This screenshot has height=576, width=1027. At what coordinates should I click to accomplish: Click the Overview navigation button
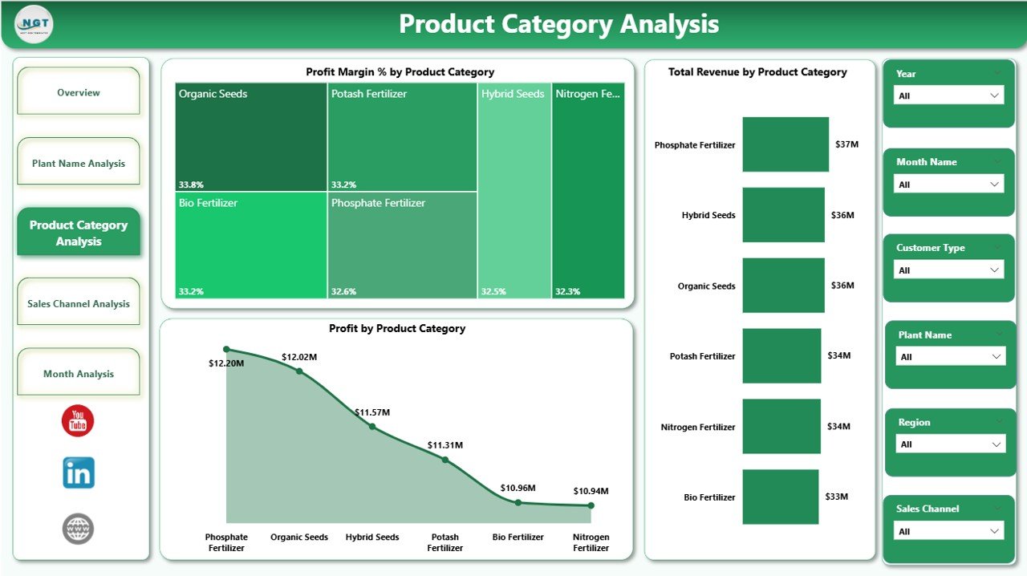coord(79,92)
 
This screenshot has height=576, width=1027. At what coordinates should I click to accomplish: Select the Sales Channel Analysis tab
coord(79,303)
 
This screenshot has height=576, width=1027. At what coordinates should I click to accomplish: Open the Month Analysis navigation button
coord(79,374)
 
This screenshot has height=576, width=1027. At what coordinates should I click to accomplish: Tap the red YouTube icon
coord(78,421)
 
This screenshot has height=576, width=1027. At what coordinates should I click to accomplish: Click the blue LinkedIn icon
coord(79,473)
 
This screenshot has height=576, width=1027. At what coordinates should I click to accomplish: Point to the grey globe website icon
coord(78,529)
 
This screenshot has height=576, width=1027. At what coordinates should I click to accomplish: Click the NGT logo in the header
coord(34,25)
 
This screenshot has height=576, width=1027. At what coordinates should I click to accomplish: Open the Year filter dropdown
coord(948,95)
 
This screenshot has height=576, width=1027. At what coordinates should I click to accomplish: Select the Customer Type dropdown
coord(948,270)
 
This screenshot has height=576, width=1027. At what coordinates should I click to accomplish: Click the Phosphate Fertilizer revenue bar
coord(785,144)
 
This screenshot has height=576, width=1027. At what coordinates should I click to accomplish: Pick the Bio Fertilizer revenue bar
coord(780,497)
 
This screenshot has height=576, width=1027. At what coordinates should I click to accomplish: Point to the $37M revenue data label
coord(846,144)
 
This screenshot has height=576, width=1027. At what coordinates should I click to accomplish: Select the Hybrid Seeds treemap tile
coord(514,191)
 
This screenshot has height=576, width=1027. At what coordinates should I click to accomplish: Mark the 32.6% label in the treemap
coord(343,292)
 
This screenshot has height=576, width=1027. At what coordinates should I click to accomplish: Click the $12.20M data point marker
coord(226,350)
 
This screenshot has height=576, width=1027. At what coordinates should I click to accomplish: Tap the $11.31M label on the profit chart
coord(444,445)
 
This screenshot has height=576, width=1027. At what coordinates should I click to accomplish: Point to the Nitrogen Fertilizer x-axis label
coord(591,542)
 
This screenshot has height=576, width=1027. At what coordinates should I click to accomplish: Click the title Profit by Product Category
coord(397,328)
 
